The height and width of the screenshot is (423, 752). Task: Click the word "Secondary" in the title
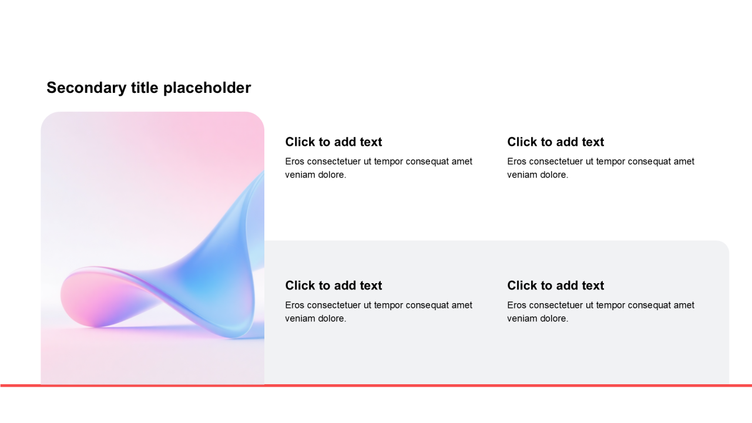(x=86, y=88)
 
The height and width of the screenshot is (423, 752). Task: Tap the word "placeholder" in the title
(x=207, y=88)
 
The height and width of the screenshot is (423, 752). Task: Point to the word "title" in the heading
(x=145, y=88)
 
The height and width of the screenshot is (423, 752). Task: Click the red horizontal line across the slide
(x=376, y=386)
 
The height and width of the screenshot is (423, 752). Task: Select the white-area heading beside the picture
(x=333, y=142)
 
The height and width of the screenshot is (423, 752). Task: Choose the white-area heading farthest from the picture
(x=556, y=142)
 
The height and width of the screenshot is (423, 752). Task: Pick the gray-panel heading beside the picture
(x=333, y=286)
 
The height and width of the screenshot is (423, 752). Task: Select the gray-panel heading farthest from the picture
(x=556, y=286)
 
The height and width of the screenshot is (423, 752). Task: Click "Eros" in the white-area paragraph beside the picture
(x=294, y=162)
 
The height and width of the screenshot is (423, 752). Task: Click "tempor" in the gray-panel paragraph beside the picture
(x=388, y=305)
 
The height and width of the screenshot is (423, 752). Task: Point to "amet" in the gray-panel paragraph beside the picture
(x=462, y=305)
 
